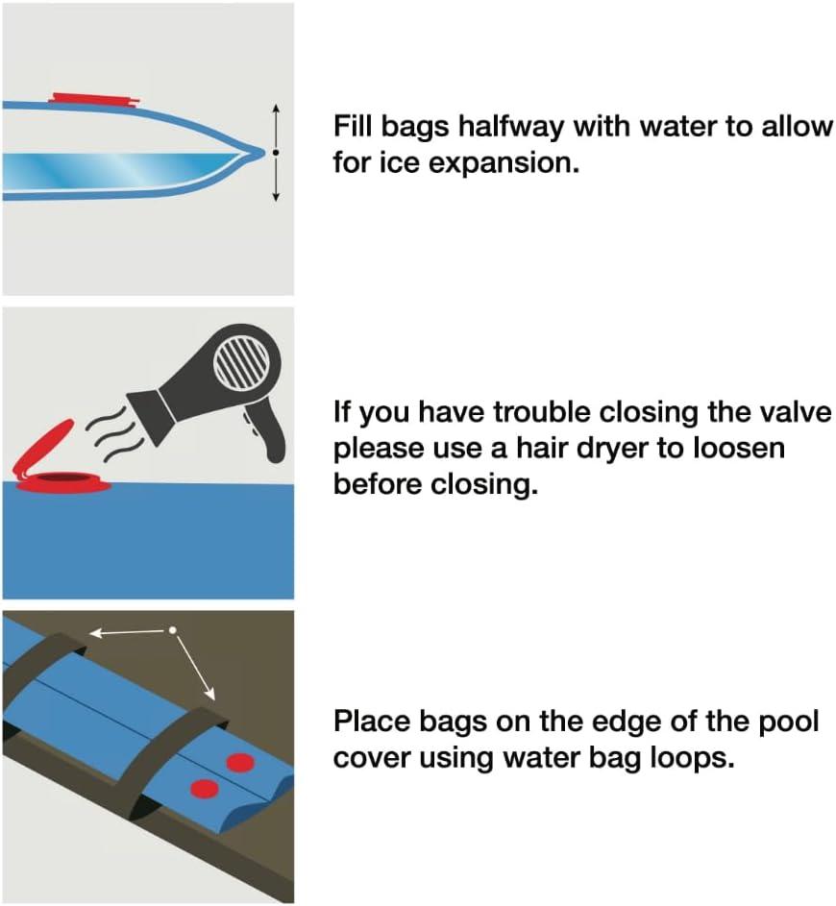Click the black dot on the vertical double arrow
click(276, 153)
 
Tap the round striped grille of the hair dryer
click(241, 363)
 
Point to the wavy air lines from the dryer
click(111, 435)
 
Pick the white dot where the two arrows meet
click(172, 630)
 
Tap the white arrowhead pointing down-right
click(209, 694)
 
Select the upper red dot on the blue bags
click(240, 763)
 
